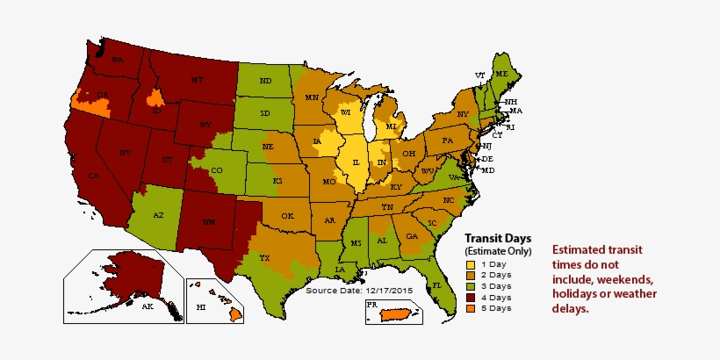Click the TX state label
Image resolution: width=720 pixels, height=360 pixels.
coord(264,258)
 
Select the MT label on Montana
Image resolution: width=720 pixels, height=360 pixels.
coord(197,80)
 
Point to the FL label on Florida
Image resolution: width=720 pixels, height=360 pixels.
coord(436,286)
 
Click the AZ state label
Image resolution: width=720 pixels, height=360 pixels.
coord(159,214)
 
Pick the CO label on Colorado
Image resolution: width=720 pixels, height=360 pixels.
coord(217,170)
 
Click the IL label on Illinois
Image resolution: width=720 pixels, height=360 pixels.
coord(356,163)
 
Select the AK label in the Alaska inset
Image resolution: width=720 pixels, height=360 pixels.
coord(148,306)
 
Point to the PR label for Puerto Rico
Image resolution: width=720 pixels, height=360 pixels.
coord(371,306)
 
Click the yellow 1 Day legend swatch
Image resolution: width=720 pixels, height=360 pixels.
coord(472,264)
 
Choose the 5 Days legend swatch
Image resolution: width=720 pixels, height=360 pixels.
coord(472,307)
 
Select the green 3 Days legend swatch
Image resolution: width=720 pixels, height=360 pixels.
coord(472,285)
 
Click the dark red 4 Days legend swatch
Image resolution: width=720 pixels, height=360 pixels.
coord(472,297)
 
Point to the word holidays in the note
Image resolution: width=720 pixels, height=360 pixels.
coord(581,294)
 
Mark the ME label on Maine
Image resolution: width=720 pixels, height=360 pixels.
coord(501,76)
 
